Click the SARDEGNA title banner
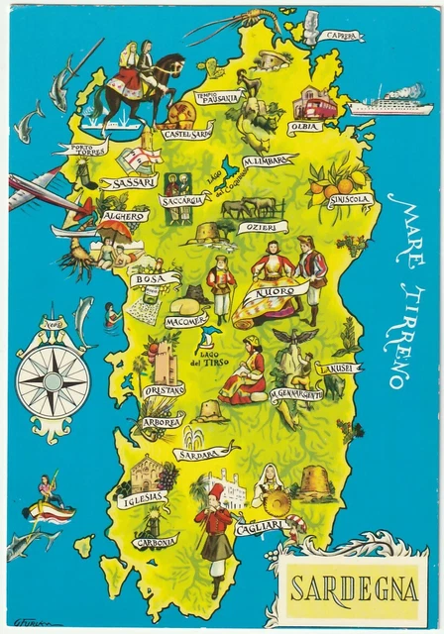353,588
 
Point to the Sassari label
130,182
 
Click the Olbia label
303,128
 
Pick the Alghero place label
125,216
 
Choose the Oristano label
163,390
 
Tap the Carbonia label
156,543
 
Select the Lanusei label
339,369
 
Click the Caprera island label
341,36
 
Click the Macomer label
160,321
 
